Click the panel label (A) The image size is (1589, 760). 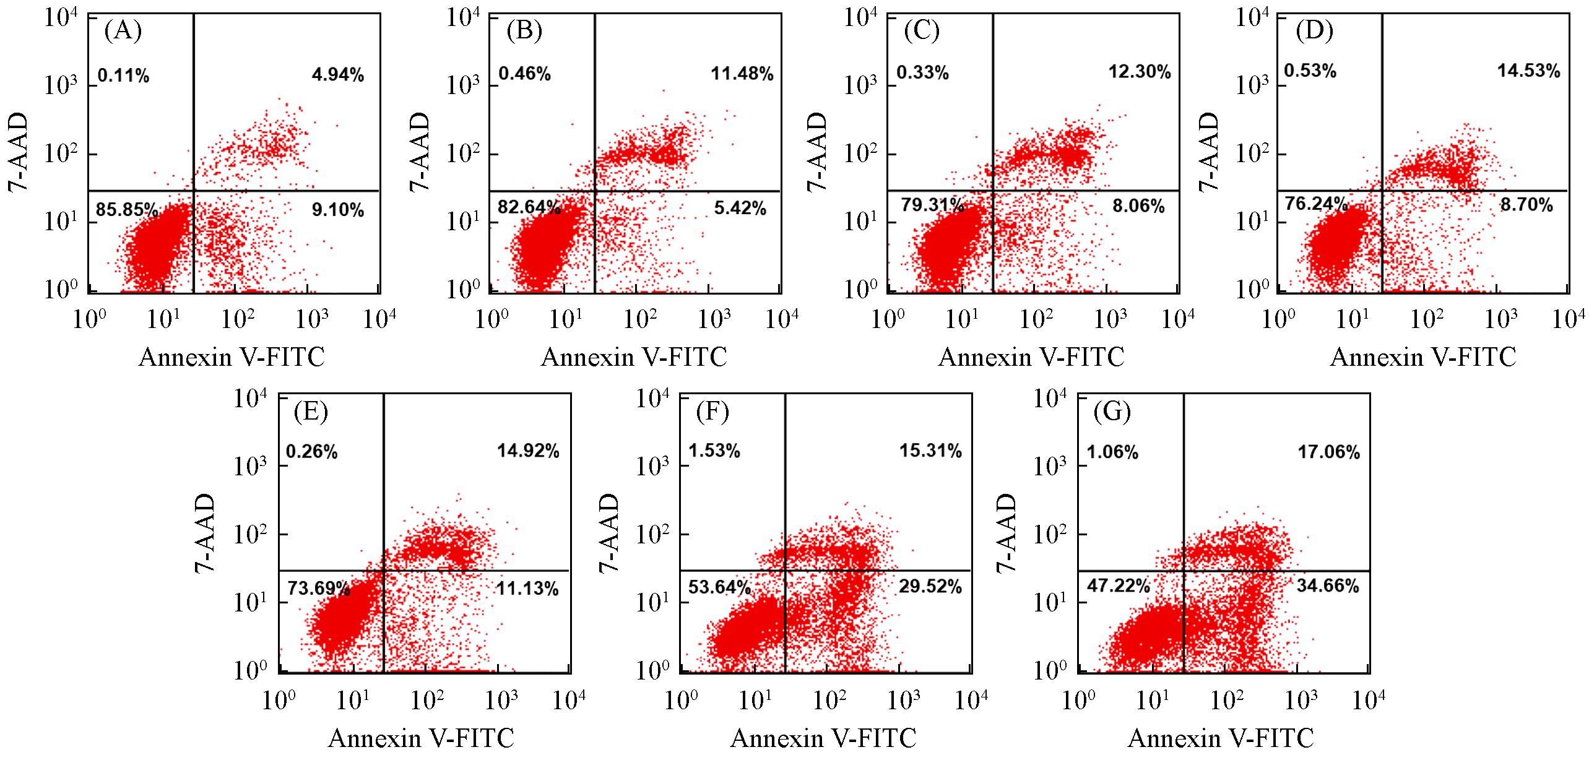pos(123,31)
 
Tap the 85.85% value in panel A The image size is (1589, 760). pos(126,210)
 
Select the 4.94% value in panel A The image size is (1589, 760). pos(337,76)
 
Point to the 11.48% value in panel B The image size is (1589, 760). pos(742,74)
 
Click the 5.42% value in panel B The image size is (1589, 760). pos(740,208)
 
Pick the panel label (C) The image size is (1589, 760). pos(922,31)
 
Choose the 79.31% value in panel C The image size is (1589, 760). pos(932,205)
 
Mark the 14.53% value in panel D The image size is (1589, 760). pos(1528,71)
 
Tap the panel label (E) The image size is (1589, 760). pos(311,412)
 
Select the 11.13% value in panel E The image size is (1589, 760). pos(527,589)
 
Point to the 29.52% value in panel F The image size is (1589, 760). pos(930,586)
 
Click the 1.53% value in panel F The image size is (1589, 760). pos(714,451)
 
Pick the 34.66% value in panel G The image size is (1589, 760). pos(1328,585)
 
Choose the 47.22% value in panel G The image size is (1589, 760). pos(1118,585)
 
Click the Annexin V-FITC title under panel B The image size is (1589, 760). pos(634,357)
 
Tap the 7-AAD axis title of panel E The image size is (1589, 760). pos(206,533)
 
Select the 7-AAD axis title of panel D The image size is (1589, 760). pos(1209,152)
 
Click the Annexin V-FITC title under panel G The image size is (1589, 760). pos(1221,738)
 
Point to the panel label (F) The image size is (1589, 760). pos(712,412)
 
